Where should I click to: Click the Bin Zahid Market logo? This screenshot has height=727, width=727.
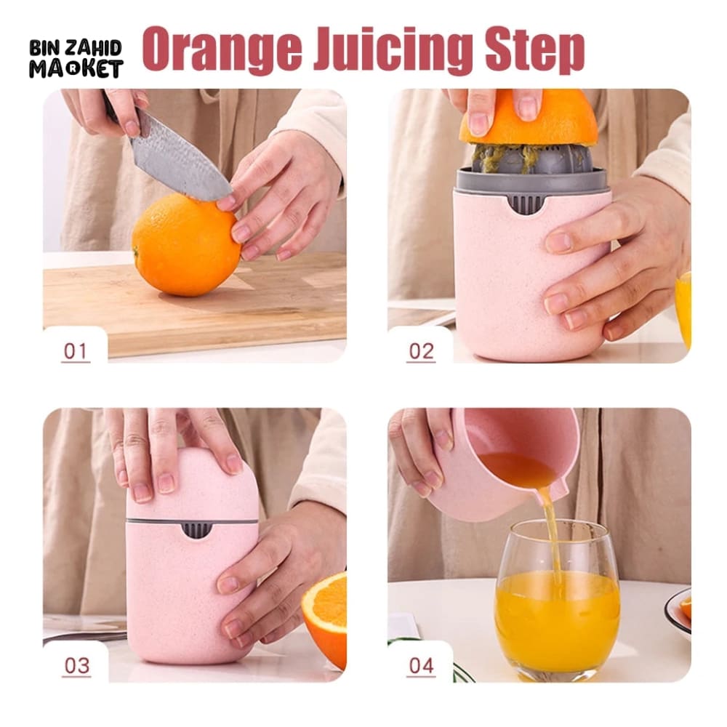point(76,58)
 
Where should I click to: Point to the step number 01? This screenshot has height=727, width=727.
point(76,351)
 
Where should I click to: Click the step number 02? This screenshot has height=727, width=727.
point(421,351)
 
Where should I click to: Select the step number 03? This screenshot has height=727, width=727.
point(76,665)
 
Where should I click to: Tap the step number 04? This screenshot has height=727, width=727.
point(421,665)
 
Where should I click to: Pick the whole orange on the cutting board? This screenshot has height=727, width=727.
point(186,245)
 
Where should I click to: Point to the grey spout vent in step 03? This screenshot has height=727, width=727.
point(196,530)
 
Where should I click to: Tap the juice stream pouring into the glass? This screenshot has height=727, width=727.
point(551,533)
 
